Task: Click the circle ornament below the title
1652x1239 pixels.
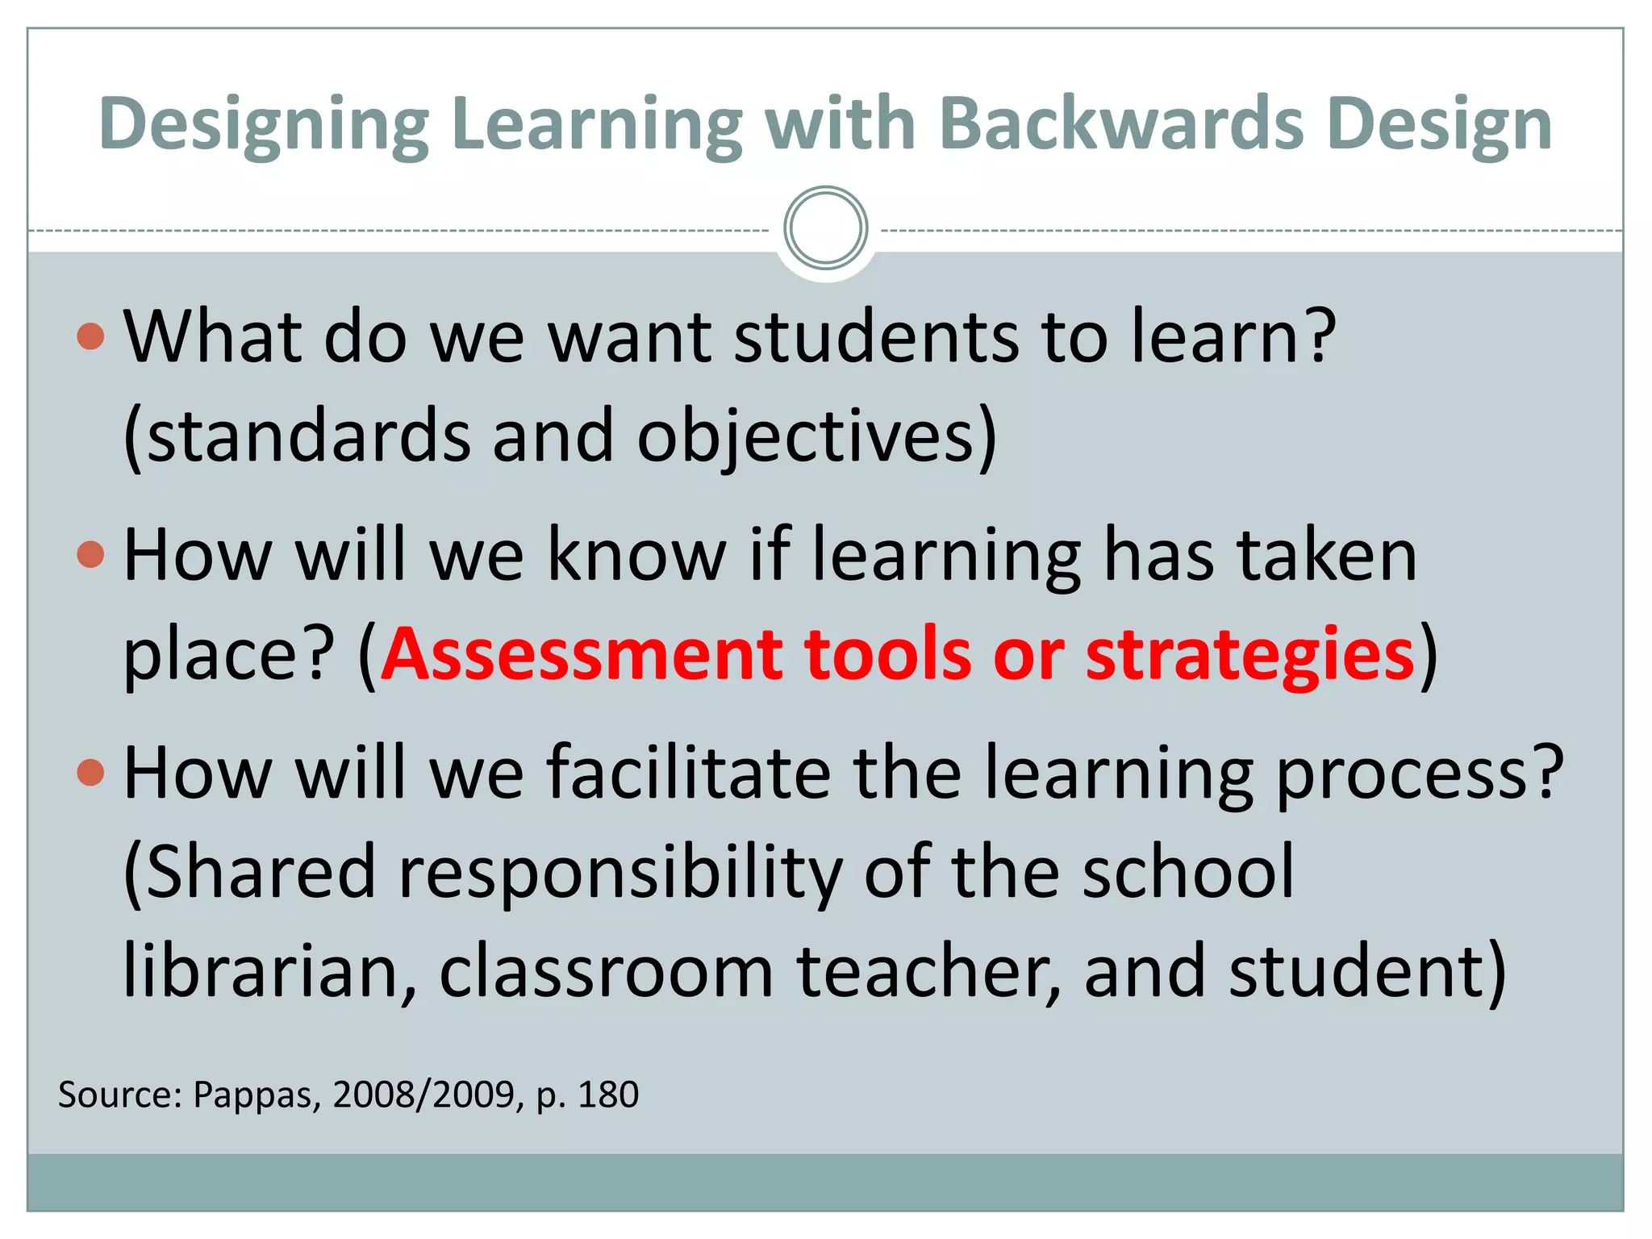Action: tap(825, 228)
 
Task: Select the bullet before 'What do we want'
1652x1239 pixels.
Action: tap(91, 336)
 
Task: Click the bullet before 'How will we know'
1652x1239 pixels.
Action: tap(91, 555)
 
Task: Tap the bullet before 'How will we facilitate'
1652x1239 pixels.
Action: tap(91, 773)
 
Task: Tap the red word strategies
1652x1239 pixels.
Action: tap(1249, 654)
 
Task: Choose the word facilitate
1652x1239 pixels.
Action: tap(689, 773)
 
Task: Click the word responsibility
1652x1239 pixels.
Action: tap(620, 874)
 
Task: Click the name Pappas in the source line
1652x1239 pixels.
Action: tap(257, 1095)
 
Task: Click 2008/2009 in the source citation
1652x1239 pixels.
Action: tap(423, 1095)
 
